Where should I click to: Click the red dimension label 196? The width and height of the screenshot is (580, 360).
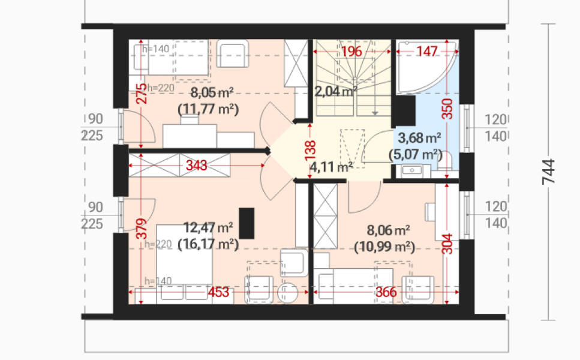click(x=351, y=52)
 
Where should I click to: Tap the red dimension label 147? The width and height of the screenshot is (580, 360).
click(x=427, y=51)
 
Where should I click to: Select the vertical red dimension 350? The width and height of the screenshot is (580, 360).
click(x=447, y=109)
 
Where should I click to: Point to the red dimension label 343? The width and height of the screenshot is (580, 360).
click(x=196, y=165)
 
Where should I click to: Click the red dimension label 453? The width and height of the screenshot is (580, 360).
click(x=218, y=292)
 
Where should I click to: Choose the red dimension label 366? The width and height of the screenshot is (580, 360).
click(x=386, y=292)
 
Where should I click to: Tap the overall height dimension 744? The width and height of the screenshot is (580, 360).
click(x=549, y=172)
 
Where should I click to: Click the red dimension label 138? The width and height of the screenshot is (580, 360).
click(x=310, y=151)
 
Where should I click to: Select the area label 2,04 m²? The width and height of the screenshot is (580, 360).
click(x=336, y=91)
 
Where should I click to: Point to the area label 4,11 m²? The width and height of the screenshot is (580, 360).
click(x=331, y=167)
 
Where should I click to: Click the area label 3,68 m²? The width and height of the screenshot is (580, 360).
click(x=419, y=139)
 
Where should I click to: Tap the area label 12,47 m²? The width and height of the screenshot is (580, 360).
click(x=208, y=227)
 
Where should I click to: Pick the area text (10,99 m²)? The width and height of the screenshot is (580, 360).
click(x=384, y=247)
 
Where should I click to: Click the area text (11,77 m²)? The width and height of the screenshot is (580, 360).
click(x=208, y=109)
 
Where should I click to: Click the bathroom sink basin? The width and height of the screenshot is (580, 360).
click(x=411, y=170)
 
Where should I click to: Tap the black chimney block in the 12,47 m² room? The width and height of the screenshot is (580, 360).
click(x=247, y=223)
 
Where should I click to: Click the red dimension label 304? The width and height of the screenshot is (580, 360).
click(x=447, y=244)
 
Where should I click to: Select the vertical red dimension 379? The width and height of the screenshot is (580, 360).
click(x=141, y=229)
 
